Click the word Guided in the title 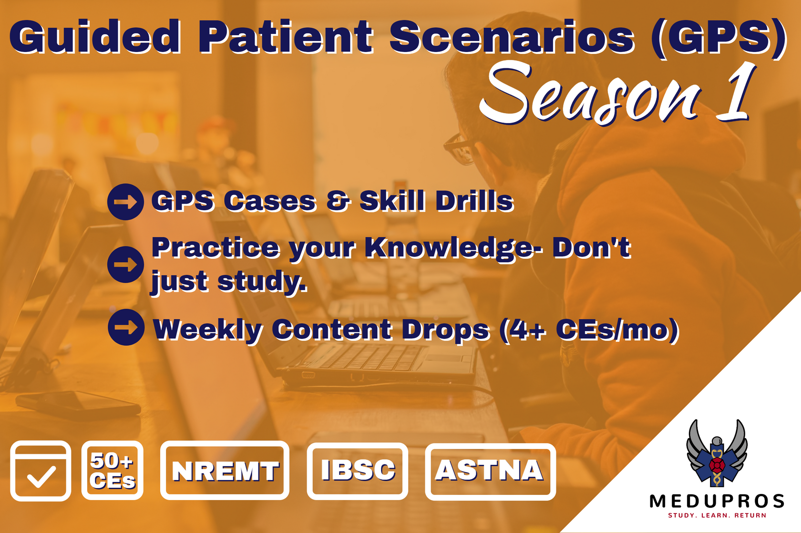tap(95, 36)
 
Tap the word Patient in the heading tap(286, 36)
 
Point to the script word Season tap(590, 93)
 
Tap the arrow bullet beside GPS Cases tap(125, 202)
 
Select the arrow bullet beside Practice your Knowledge tap(125, 265)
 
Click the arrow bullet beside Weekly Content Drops tap(126, 327)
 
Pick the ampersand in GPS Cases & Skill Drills tap(338, 201)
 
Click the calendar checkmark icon tap(41, 471)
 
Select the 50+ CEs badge tap(113, 471)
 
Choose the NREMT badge tap(225, 471)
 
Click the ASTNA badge tap(490, 471)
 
